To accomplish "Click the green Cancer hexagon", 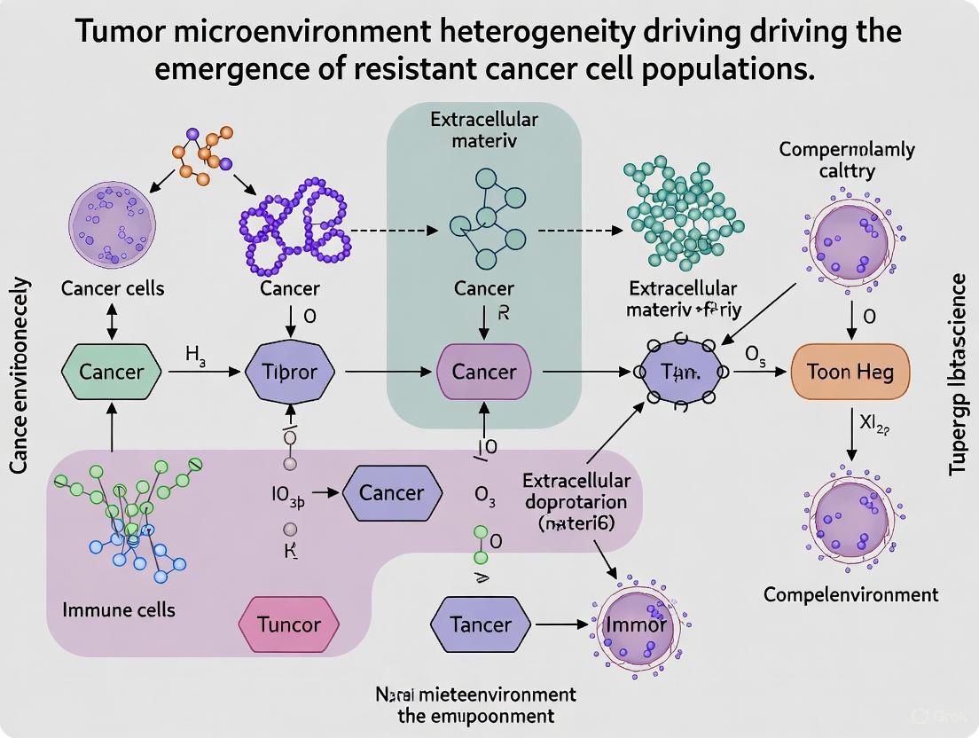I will click(112, 373).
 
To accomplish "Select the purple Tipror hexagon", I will click(291, 373).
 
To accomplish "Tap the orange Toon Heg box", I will click(850, 373).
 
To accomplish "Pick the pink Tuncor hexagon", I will click(289, 624).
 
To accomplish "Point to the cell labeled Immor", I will click(635, 624).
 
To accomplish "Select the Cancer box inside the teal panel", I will click(484, 373).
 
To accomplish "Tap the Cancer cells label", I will click(113, 288).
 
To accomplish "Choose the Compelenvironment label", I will click(850, 594).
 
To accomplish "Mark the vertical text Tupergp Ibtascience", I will click(958, 373).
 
